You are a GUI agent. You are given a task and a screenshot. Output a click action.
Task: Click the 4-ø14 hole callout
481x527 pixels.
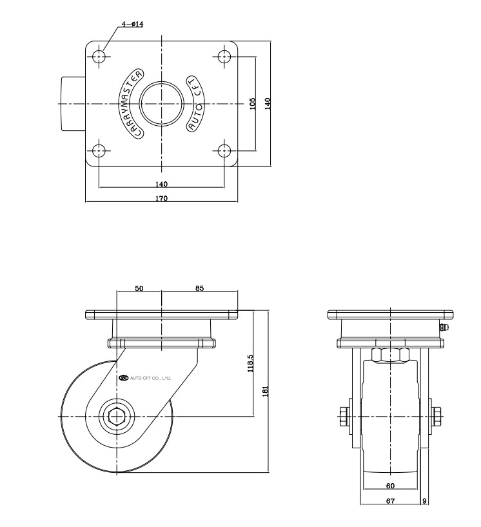pos(133,25)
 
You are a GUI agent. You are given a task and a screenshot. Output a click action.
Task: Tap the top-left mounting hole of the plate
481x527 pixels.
pos(99,56)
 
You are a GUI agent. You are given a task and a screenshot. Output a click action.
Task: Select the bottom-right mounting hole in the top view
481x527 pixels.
pos(224,151)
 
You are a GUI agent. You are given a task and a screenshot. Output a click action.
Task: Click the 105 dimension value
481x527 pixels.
pos(253,103)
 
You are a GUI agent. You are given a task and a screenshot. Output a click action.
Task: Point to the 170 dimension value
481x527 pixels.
pos(161,198)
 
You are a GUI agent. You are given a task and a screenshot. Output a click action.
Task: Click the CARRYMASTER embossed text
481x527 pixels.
pos(130,103)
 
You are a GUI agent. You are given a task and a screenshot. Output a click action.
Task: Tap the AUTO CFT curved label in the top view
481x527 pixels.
pos(195,103)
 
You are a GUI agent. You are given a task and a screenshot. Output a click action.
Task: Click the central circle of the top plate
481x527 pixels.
pos(162,103)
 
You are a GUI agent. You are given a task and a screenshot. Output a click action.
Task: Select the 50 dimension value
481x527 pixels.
pos(139,288)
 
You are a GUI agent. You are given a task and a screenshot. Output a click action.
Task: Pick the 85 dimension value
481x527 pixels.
pos(199,288)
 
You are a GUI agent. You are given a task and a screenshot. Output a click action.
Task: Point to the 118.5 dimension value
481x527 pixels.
pos(250,363)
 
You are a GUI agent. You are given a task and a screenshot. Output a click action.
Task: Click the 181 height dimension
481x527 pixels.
pos(266,391)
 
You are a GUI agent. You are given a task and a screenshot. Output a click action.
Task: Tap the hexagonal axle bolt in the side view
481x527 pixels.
pos(117,417)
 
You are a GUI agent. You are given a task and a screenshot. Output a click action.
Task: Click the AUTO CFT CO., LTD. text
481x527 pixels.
pos(145,378)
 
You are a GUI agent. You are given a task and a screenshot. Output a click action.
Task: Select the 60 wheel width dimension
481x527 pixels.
pos(390,486)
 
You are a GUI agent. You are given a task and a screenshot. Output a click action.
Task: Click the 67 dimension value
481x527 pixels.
pos(390,501)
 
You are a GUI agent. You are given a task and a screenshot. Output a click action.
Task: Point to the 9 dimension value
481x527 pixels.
pos(424,501)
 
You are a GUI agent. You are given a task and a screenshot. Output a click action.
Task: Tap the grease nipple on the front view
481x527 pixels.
pos(443,327)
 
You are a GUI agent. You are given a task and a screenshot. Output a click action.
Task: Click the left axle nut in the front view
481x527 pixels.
pos(344,417)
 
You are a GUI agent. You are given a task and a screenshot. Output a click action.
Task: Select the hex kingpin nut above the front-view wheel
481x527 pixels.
pos(391,356)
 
